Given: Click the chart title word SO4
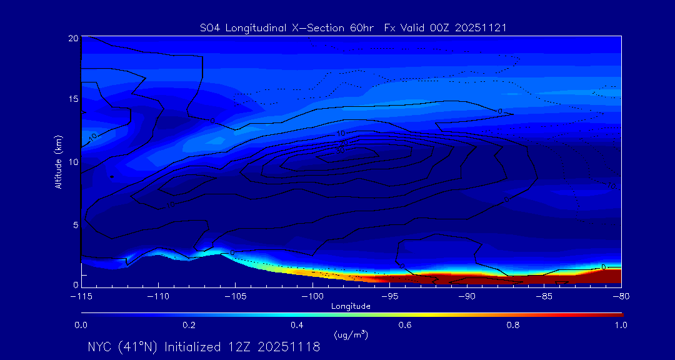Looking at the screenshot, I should click(209, 27).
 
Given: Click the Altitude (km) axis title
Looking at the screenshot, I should click(58, 161).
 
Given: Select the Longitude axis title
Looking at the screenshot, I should click(351, 306).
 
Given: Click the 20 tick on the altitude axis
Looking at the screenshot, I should click(72, 38).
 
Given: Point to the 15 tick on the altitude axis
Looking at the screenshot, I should click(72, 99).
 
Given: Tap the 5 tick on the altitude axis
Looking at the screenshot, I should click(74, 224).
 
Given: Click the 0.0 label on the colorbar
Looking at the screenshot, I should click(81, 325).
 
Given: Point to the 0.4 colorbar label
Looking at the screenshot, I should click(297, 325).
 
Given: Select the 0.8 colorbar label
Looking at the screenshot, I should click(513, 325).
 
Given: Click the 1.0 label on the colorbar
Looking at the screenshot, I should click(621, 325).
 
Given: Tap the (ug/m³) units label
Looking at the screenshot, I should click(351, 335).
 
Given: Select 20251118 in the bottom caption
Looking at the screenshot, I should click(290, 347).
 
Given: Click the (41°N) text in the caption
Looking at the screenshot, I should click(139, 347).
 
